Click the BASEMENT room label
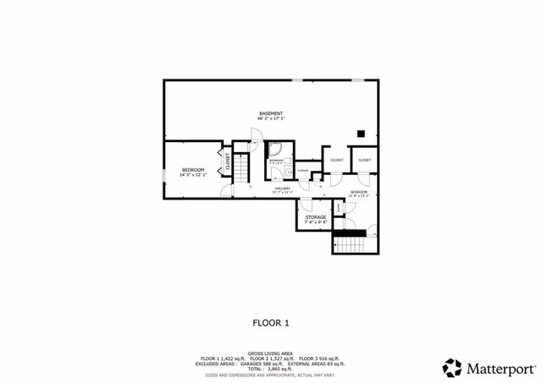click(271, 113)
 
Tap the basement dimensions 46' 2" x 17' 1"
click(271, 119)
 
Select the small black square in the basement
click(361, 133)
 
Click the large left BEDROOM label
click(194, 170)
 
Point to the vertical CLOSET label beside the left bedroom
click(227, 160)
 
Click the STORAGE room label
click(316, 217)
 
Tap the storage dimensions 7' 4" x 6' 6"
click(316, 222)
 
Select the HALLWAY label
click(282, 189)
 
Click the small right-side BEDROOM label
click(359, 192)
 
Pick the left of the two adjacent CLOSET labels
click(336, 160)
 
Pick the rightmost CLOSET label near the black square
click(364, 160)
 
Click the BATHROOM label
click(276, 159)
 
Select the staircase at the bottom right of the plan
click(354, 244)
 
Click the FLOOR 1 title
click(271, 322)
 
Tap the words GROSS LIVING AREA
click(271, 353)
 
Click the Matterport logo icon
click(452, 368)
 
